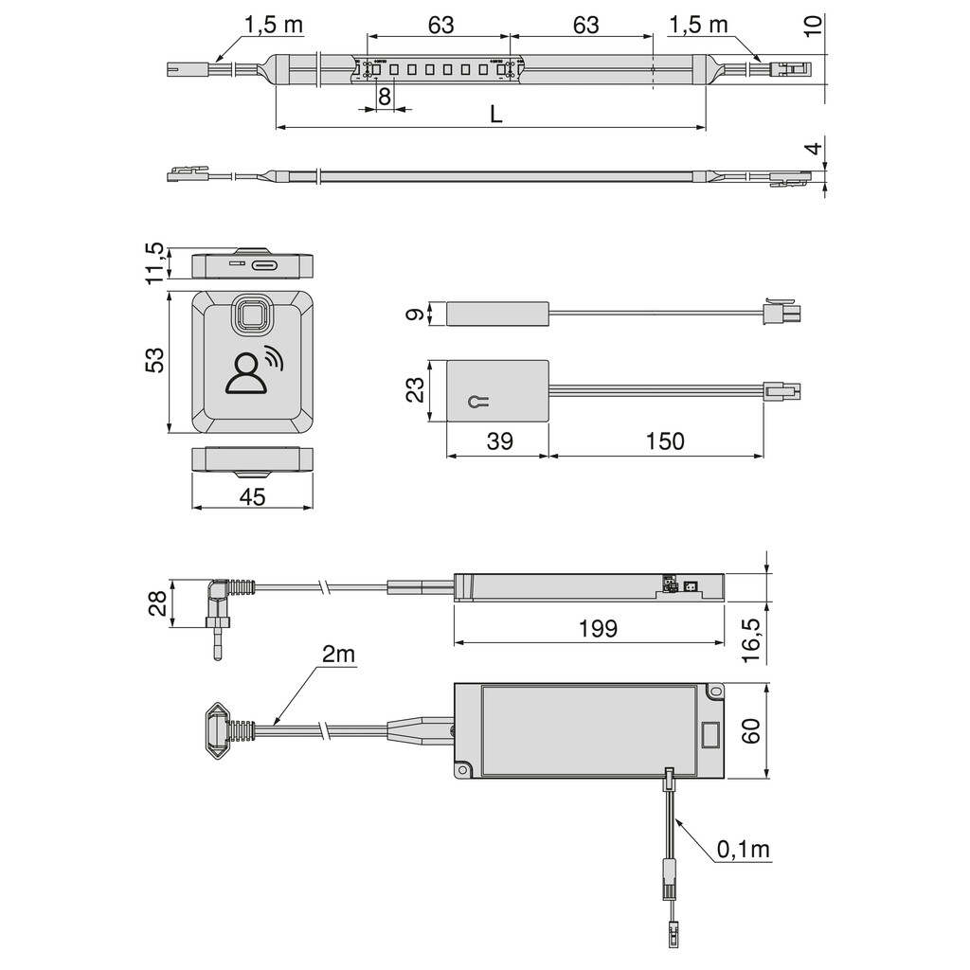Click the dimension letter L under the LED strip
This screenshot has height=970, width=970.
[496, 114]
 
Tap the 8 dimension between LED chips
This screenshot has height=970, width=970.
[385, 97]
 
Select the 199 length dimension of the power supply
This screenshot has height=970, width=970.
[598, 629]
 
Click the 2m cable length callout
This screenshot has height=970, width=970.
[338, 654]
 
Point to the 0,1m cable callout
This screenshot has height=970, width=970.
[743, 850]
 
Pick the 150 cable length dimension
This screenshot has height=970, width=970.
[665, 441]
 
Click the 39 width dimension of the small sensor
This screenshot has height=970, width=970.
[500, 441]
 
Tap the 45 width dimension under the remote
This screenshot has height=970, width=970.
[252, 496]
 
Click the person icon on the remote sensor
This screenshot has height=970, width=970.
[245, 373]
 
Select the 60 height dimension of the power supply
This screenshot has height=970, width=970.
[751, 730]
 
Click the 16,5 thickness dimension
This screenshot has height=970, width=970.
[751, 640]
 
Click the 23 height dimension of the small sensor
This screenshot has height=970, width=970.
[416, 390]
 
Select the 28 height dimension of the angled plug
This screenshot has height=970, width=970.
[158, 603]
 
